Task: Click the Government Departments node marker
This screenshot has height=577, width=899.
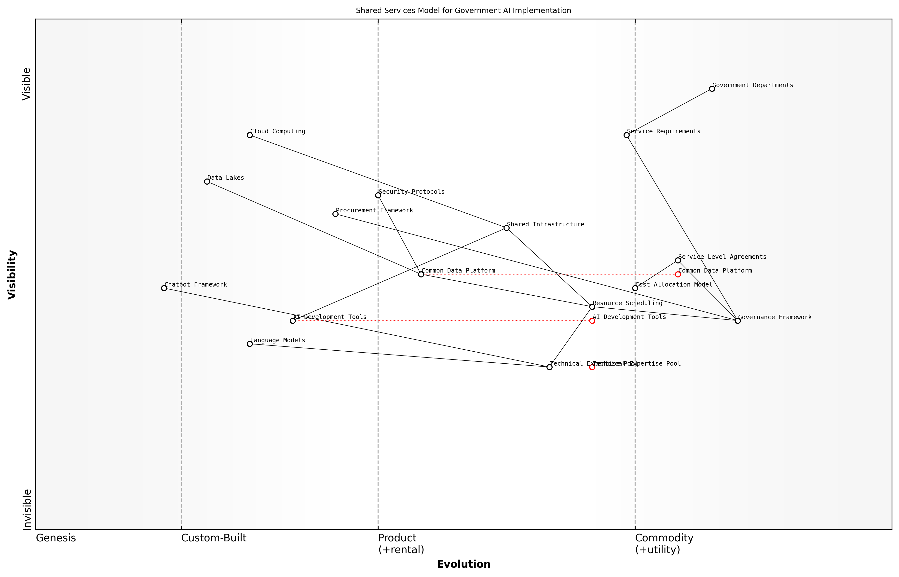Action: (x=712, y=89)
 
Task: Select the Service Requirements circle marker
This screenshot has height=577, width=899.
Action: (x=626, y=135)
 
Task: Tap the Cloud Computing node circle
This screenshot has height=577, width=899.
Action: (x=250, y=135)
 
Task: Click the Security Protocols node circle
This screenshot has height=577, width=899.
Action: (x=378, y=195)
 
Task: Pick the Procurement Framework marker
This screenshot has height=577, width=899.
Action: (x=335, y=214)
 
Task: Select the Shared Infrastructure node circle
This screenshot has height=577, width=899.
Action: (x=506, y=228)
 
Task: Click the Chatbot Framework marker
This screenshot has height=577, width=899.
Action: (x=164, y=288)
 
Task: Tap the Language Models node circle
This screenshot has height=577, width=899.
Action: (x=250, y=343)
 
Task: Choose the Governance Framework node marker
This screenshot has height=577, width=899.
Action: (x=737, y=321)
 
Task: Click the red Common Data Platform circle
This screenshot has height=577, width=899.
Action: (x=678, y=274)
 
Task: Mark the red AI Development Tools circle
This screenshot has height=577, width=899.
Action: (x=592, y=321)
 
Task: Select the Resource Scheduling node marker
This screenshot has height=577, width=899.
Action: (x=592, y=307)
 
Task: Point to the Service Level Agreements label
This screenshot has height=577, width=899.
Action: (x=722, y=257)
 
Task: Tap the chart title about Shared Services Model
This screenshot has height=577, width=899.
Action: (x=463, y=11)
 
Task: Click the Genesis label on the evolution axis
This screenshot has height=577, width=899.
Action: (x=56, y=538)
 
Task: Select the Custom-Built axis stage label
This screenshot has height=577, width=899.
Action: (x=214, y=538)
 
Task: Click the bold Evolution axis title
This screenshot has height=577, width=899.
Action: (x=463, y=564)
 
